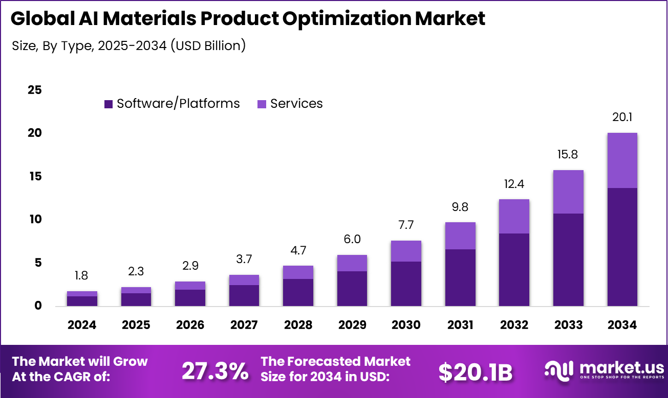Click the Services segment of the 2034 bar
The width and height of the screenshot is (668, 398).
coord(622,160)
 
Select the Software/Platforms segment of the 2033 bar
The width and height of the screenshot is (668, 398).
coord(568,260)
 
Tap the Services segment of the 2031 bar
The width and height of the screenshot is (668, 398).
coord(460,236)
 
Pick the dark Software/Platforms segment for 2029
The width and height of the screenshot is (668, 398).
coord(352,289)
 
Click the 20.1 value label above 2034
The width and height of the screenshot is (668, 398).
coord(622,118)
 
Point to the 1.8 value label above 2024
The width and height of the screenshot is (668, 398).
coord(81,276)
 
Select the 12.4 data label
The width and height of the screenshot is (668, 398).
coord(514,183)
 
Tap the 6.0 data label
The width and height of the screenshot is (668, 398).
coord(352,240)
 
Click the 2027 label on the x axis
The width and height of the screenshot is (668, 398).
coord(244,325)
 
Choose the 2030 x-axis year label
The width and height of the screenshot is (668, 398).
coord(406,325)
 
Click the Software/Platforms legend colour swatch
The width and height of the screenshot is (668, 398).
coord(108,104)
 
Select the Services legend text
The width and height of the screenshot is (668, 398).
coord(296,104)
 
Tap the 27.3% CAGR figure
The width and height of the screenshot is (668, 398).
coord(215,372)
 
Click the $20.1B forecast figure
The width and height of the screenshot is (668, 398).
coord(475,372)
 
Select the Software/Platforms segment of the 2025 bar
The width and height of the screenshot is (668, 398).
coord(136,299)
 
